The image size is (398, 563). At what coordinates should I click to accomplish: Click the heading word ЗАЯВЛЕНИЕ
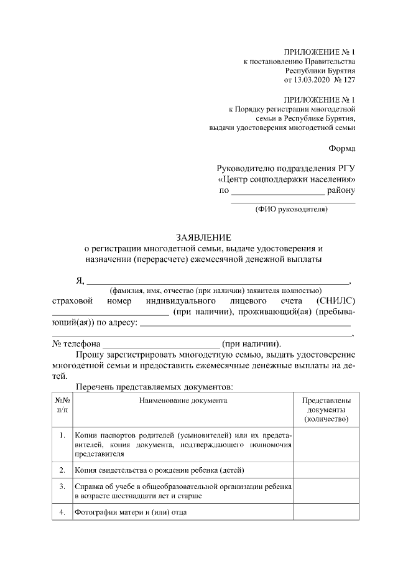pos(203,237)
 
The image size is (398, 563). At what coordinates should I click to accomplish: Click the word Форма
pos(342,148)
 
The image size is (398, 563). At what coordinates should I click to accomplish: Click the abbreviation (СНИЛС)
pos(336,300)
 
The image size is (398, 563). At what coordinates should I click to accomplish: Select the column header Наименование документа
pos(183,401)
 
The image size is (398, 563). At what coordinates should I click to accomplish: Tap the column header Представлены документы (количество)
pos(326,411)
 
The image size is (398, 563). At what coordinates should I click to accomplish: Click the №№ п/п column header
pos(62,406)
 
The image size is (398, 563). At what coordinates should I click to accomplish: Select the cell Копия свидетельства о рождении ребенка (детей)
pos(159,469)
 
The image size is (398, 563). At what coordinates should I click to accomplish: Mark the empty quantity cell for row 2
pos(326,469)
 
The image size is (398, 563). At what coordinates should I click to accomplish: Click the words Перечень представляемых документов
pos(154,387)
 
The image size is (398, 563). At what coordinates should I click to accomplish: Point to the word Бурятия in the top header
pos(341,71)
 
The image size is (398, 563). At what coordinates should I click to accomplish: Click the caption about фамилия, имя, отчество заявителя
pos(215,291)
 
